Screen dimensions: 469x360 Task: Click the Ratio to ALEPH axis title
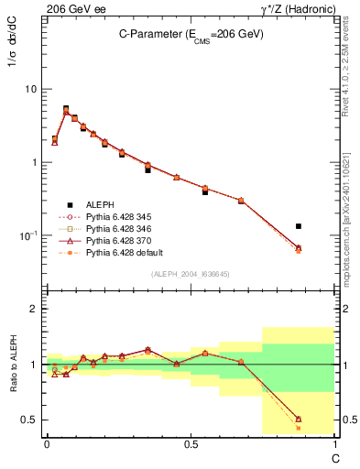tap(16, 365)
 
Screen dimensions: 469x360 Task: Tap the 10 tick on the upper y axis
tap(31, 90)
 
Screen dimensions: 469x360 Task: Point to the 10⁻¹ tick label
tap(28, 235)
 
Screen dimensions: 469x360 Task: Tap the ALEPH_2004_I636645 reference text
tap(190, 274)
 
